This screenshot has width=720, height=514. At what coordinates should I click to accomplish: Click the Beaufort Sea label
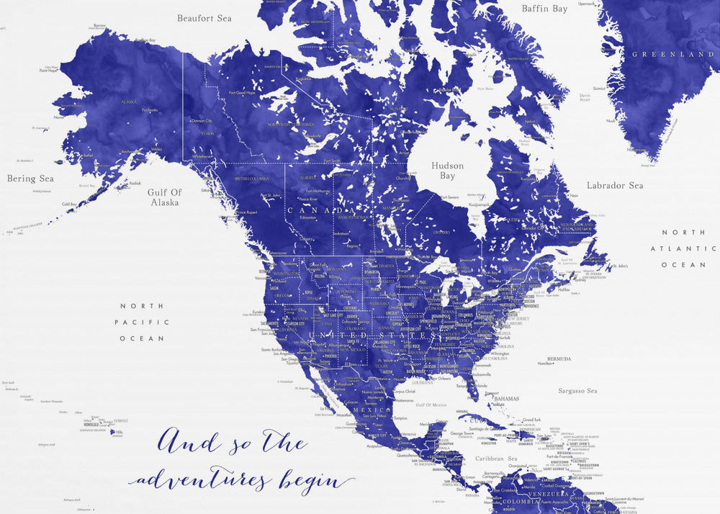(x=204, y=18)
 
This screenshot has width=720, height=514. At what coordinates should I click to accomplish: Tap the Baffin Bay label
(x=545, y=9)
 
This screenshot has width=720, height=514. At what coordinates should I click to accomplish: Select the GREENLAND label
(x=672, y=54)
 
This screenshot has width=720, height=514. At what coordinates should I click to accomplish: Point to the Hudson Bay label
(x=448, y=171)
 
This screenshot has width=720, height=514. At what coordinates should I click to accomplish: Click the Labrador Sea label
(x=615, y=186)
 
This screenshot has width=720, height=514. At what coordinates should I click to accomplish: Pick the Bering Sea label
(x=30, y=179)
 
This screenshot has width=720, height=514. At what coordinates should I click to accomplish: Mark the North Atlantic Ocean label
(x=684, y=248)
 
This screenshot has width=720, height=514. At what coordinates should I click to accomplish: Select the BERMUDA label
(x=559, y=359)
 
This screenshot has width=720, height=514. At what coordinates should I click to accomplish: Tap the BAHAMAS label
(x=508, y=398)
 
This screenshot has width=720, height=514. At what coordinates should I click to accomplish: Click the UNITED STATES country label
(x=373, y=335)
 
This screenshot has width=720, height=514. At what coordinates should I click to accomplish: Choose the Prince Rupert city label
(x=246, y=212)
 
